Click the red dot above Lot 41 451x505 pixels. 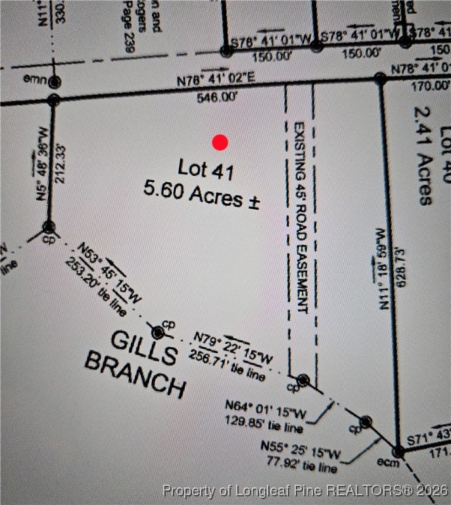pos(220,142)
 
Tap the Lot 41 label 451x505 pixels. pos(206,170)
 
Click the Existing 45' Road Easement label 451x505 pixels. pos(300,217)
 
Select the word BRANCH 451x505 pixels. pos(135,373)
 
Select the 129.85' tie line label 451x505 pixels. pos(263,422)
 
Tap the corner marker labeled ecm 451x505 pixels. pos(398,452)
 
